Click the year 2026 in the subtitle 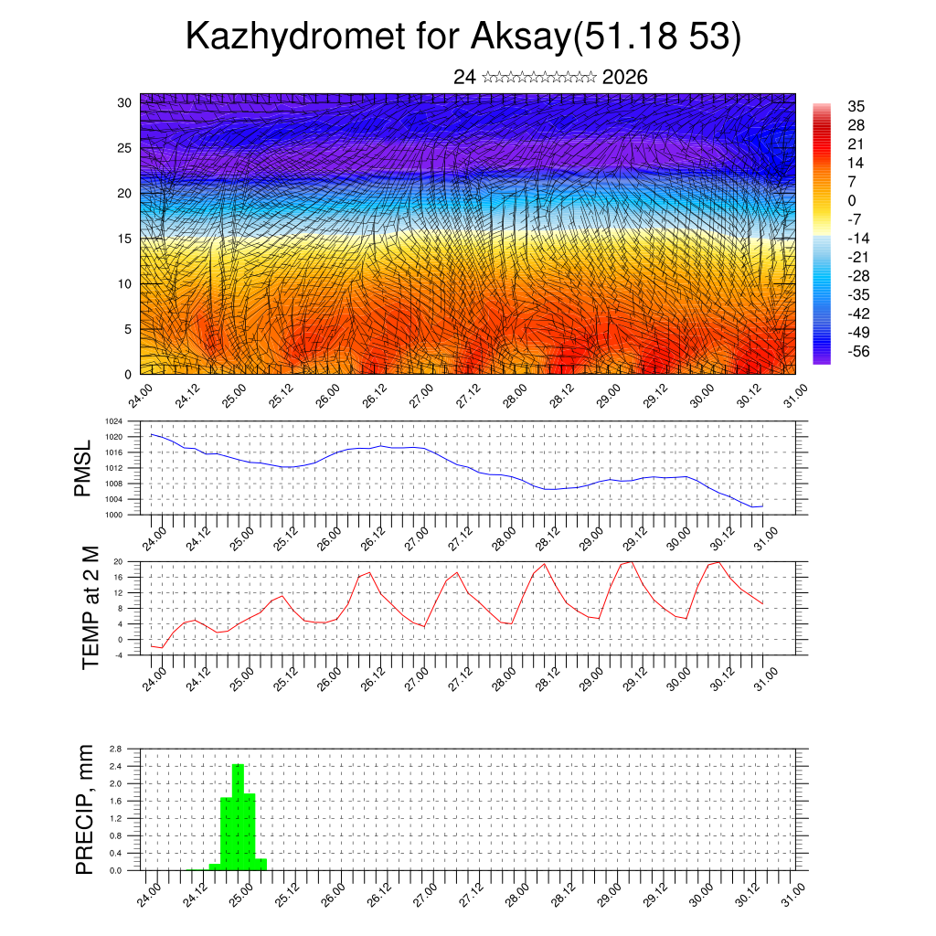point(625,78)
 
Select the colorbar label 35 point(856,106)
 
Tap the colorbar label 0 point(852,200)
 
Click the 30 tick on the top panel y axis point(123,102)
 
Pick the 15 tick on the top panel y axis point(123,239)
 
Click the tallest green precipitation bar point(238,816)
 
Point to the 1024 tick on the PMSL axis point(114,421)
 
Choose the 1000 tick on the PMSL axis point(114,515)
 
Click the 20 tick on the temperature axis point(118,561)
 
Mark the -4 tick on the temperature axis point(118,654)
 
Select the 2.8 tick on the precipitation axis point(116,749)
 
